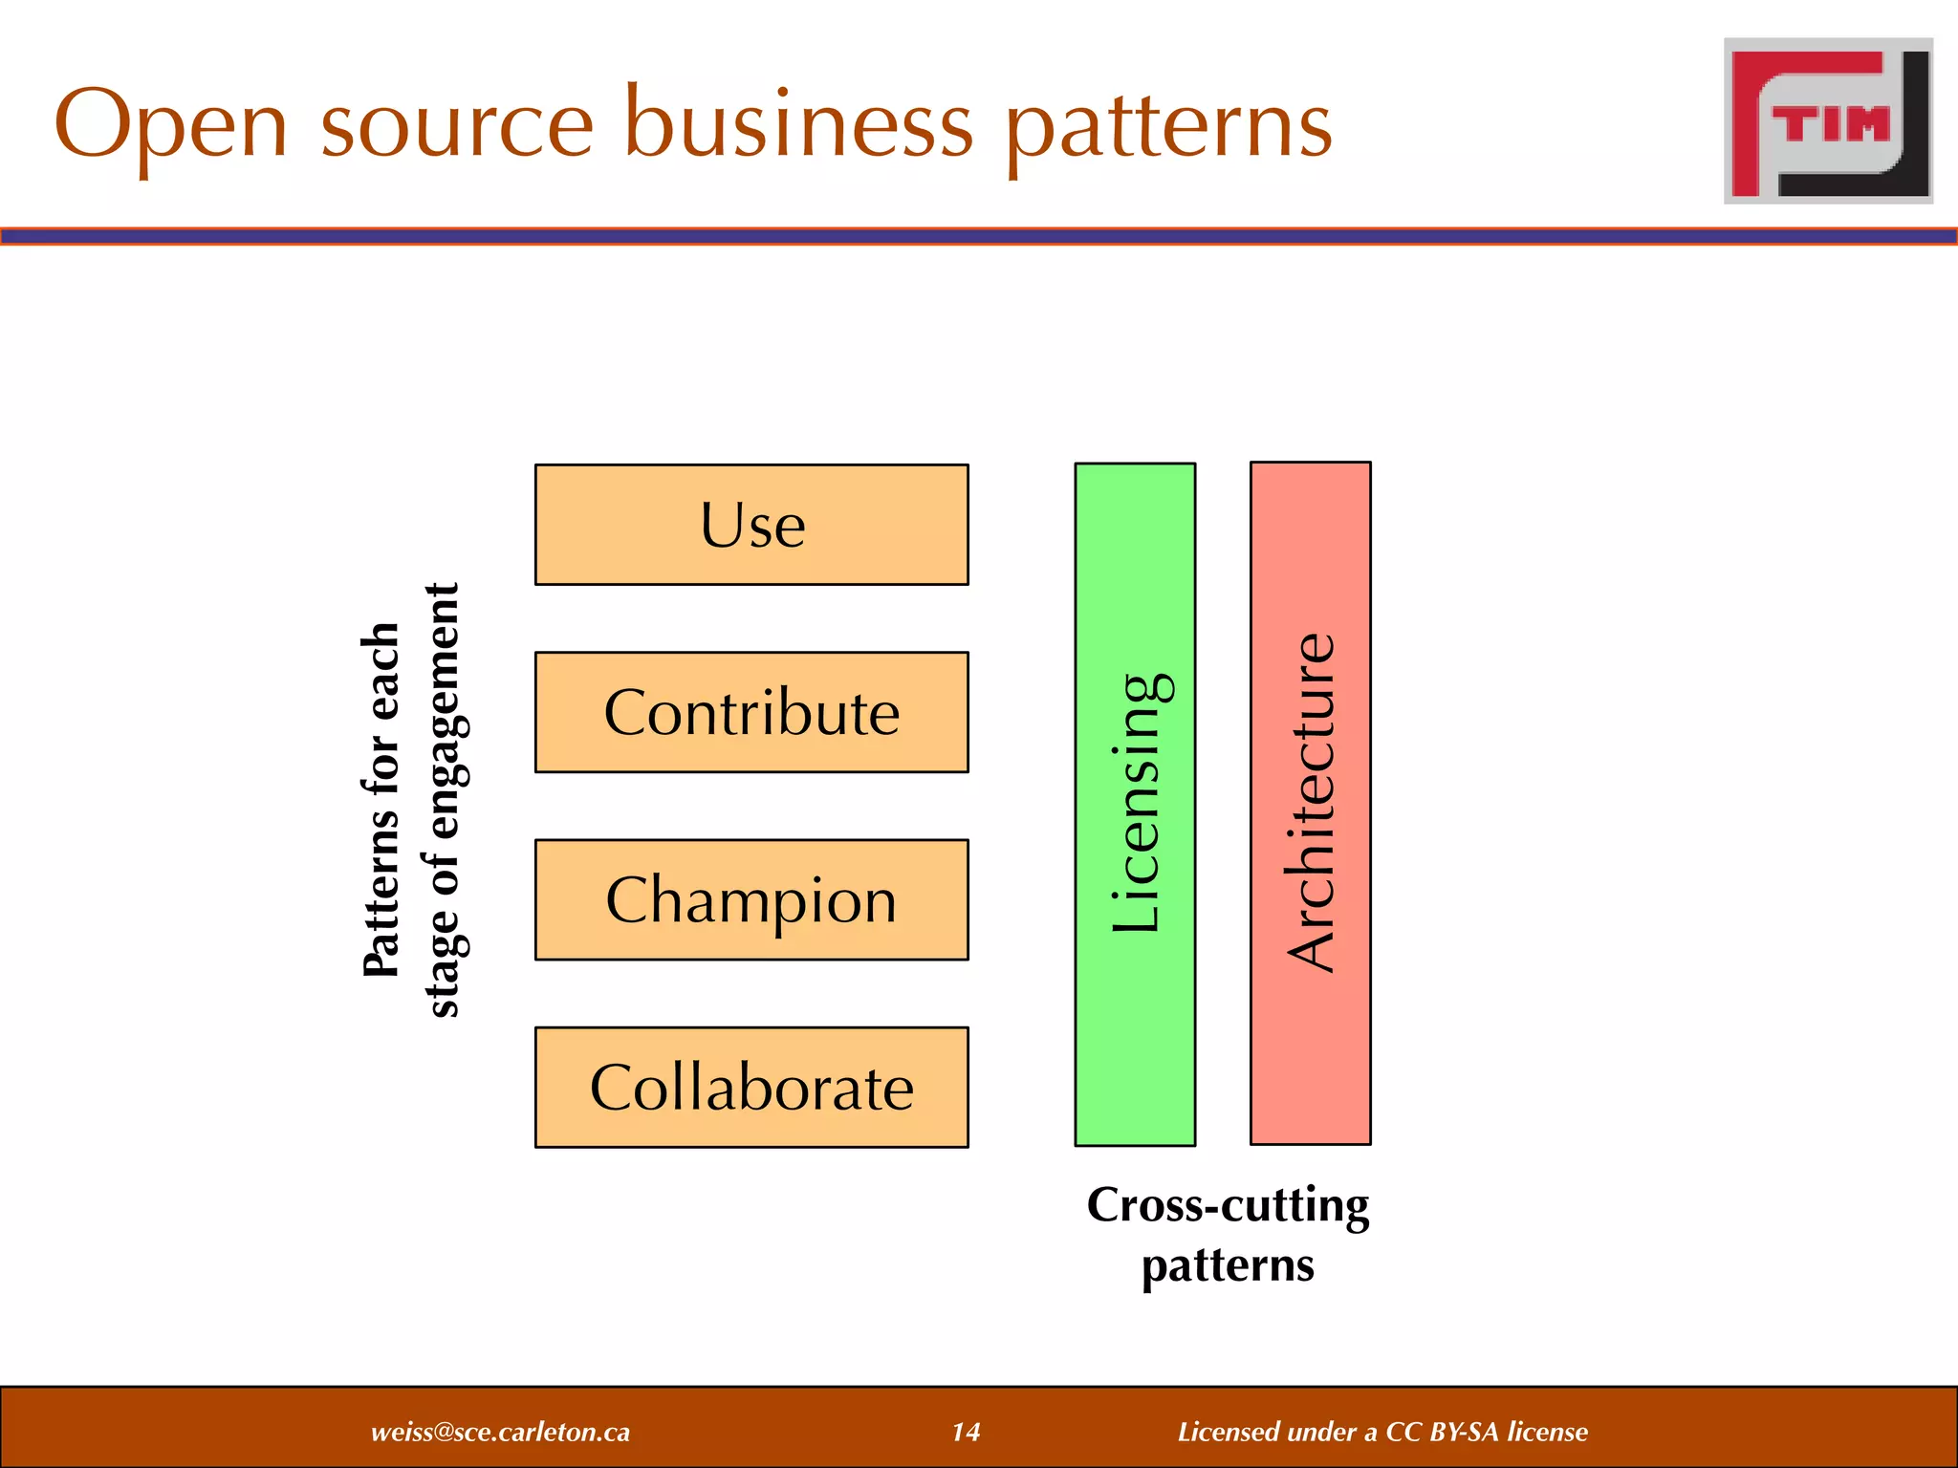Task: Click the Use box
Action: pyautogui.click(x=751, y=525)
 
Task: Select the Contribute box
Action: pyautogui.click(x=751, y=712)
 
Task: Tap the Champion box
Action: pyautogui.click(x=751, y=899)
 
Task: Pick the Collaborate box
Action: pyautogui.click(x=751, y=1087)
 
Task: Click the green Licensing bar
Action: pyautogui.click(x=1135, y=804)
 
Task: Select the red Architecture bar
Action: pyautogui.click(x=1310, y=803)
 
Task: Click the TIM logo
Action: pyautogui.click(x=1828, y=121)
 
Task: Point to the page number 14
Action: pyautogui.click(x=966, y=1432)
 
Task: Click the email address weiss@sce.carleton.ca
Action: pyautogui.click(x=500, y=1432)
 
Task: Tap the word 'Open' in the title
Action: pyautogui.click(x=171, y=126)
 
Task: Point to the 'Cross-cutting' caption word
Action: pyautogui.click(x=1228, y=1205)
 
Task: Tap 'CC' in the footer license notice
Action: pyautogui.click(x=1403, y=1432)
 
